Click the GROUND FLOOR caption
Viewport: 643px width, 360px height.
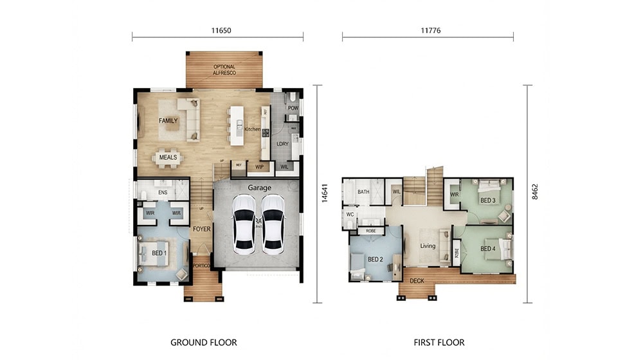click(x=203, y=342)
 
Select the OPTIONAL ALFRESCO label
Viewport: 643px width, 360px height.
click(x=224, y=70)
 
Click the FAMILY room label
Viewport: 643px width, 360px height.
click(x=168, y=120)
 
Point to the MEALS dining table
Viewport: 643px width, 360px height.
click(x=168, y=157)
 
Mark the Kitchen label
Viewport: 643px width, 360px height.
click(x=252, y=129)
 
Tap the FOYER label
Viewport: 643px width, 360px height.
click(x=201, y=228)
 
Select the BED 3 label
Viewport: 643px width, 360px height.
click(x=488, y=200)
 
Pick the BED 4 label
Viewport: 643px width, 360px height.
click(x=488, y=249)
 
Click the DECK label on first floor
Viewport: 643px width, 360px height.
click(x=417, y=280)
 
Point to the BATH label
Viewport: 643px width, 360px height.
click(x=363, y=191)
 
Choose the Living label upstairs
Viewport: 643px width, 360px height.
click(x=428, y=246)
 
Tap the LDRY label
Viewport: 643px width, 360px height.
click(x=282, y=143)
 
